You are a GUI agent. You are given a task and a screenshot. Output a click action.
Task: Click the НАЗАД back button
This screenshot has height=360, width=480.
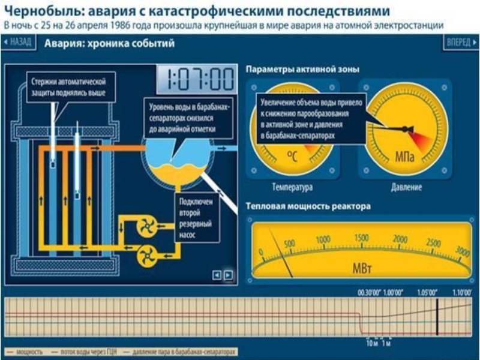point(17,43)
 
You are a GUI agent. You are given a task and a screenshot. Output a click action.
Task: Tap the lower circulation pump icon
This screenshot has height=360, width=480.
point(146,256)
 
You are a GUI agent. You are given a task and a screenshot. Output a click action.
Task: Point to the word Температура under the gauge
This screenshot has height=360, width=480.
point(292,188)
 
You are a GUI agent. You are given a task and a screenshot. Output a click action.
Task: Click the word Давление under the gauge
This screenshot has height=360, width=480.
point(406,188)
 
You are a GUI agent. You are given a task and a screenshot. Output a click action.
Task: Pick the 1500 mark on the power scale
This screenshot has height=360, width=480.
point(361,238)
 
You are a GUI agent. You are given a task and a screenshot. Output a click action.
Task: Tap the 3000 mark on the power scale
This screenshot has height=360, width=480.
point(462,250)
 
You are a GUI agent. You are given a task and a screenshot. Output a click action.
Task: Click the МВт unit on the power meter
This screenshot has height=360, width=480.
point(361,267)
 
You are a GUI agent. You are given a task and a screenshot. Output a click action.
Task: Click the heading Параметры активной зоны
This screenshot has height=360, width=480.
point(302,70)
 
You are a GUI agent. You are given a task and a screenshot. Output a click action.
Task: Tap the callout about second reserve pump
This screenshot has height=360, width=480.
point(195,218)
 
